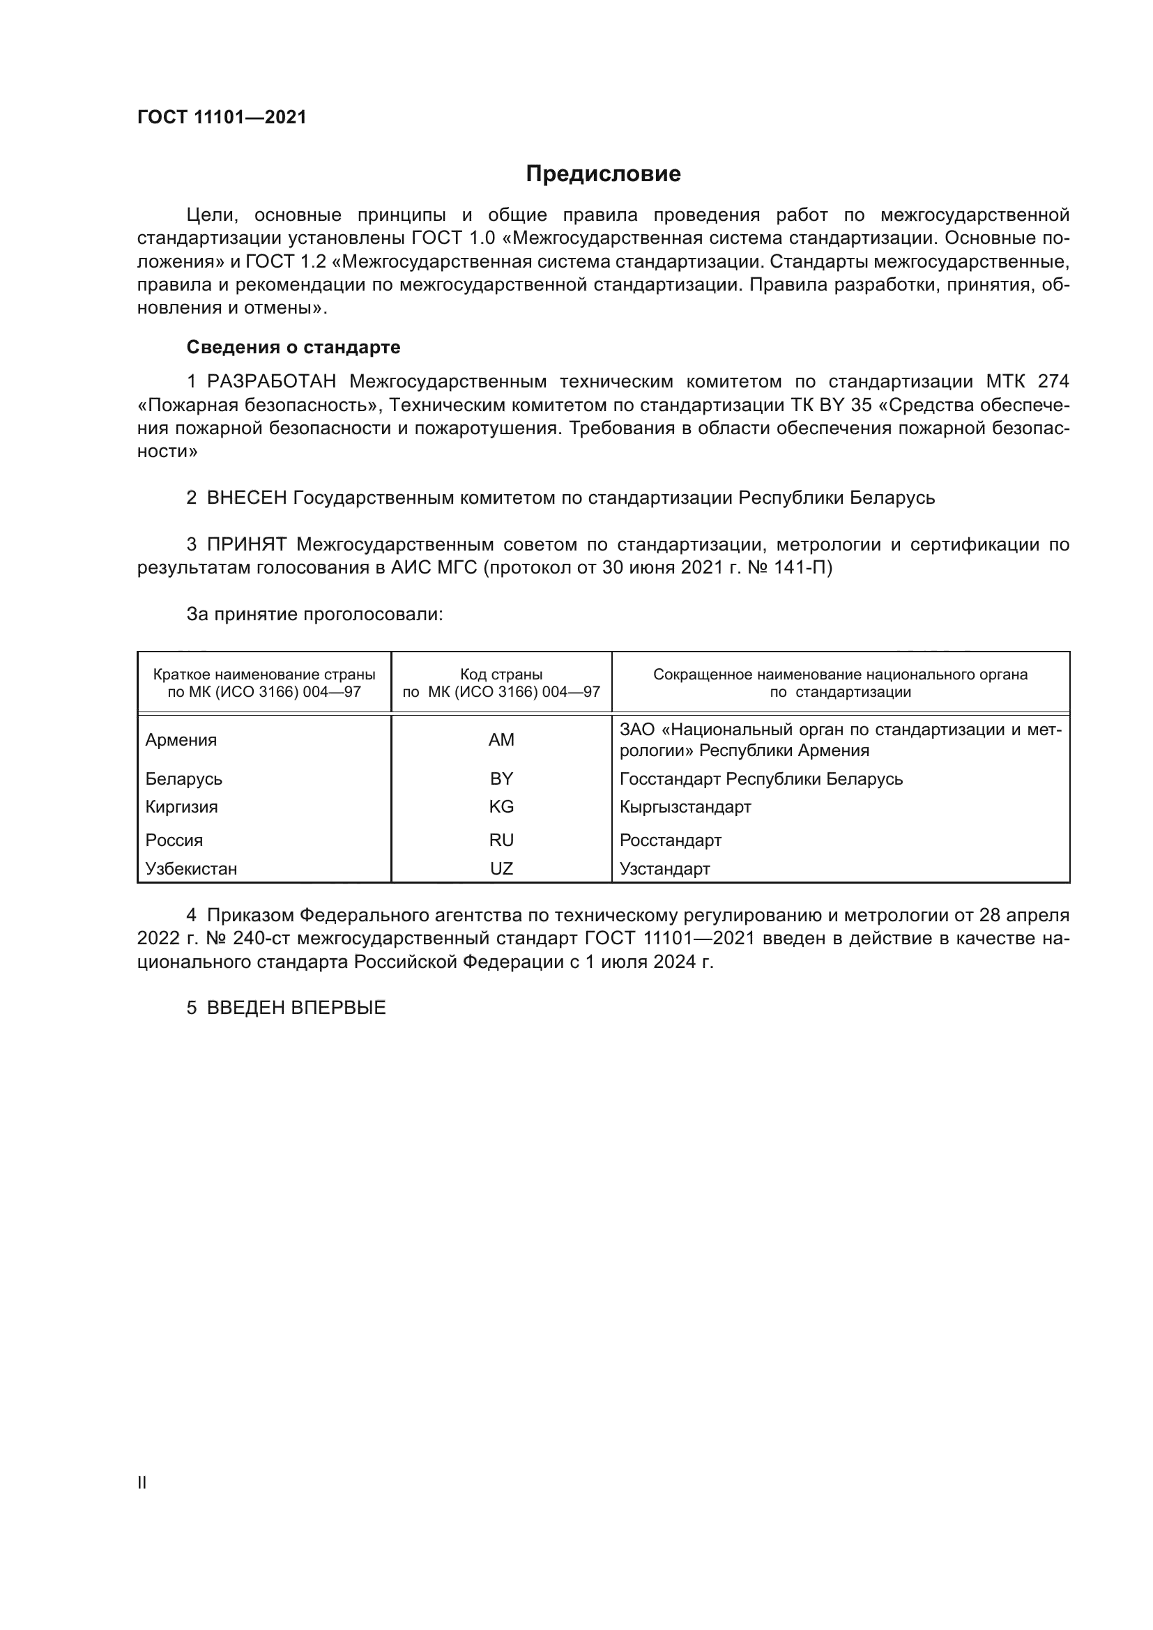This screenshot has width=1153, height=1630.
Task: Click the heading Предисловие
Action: [603, 174]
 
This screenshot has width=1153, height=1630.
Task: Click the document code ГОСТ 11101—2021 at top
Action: [222, 117]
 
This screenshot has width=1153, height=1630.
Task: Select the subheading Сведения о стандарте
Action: [293, 347]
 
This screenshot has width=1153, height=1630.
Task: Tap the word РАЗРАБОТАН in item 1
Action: [271, 382]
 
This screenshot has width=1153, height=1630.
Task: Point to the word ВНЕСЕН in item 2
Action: [246, 498]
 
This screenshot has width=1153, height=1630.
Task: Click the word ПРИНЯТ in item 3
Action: [246, 544]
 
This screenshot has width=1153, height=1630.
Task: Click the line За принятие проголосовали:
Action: [314, 614]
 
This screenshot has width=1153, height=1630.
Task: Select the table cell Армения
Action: [181, 740]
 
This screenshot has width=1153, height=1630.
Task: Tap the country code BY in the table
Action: [501, 779]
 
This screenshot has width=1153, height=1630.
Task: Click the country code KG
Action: [501, 806]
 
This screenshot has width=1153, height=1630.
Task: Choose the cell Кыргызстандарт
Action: [685, 806]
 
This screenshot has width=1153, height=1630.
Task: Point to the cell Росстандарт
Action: [670, 840]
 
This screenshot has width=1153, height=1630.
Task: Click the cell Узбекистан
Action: [191, 868]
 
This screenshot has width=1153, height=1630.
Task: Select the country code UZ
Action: [501, 868]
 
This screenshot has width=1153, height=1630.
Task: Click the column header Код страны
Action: [501, 675]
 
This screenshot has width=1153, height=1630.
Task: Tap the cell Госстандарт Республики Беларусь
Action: [761, 779]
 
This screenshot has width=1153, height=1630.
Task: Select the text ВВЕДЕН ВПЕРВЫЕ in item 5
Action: [296, 1008]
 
